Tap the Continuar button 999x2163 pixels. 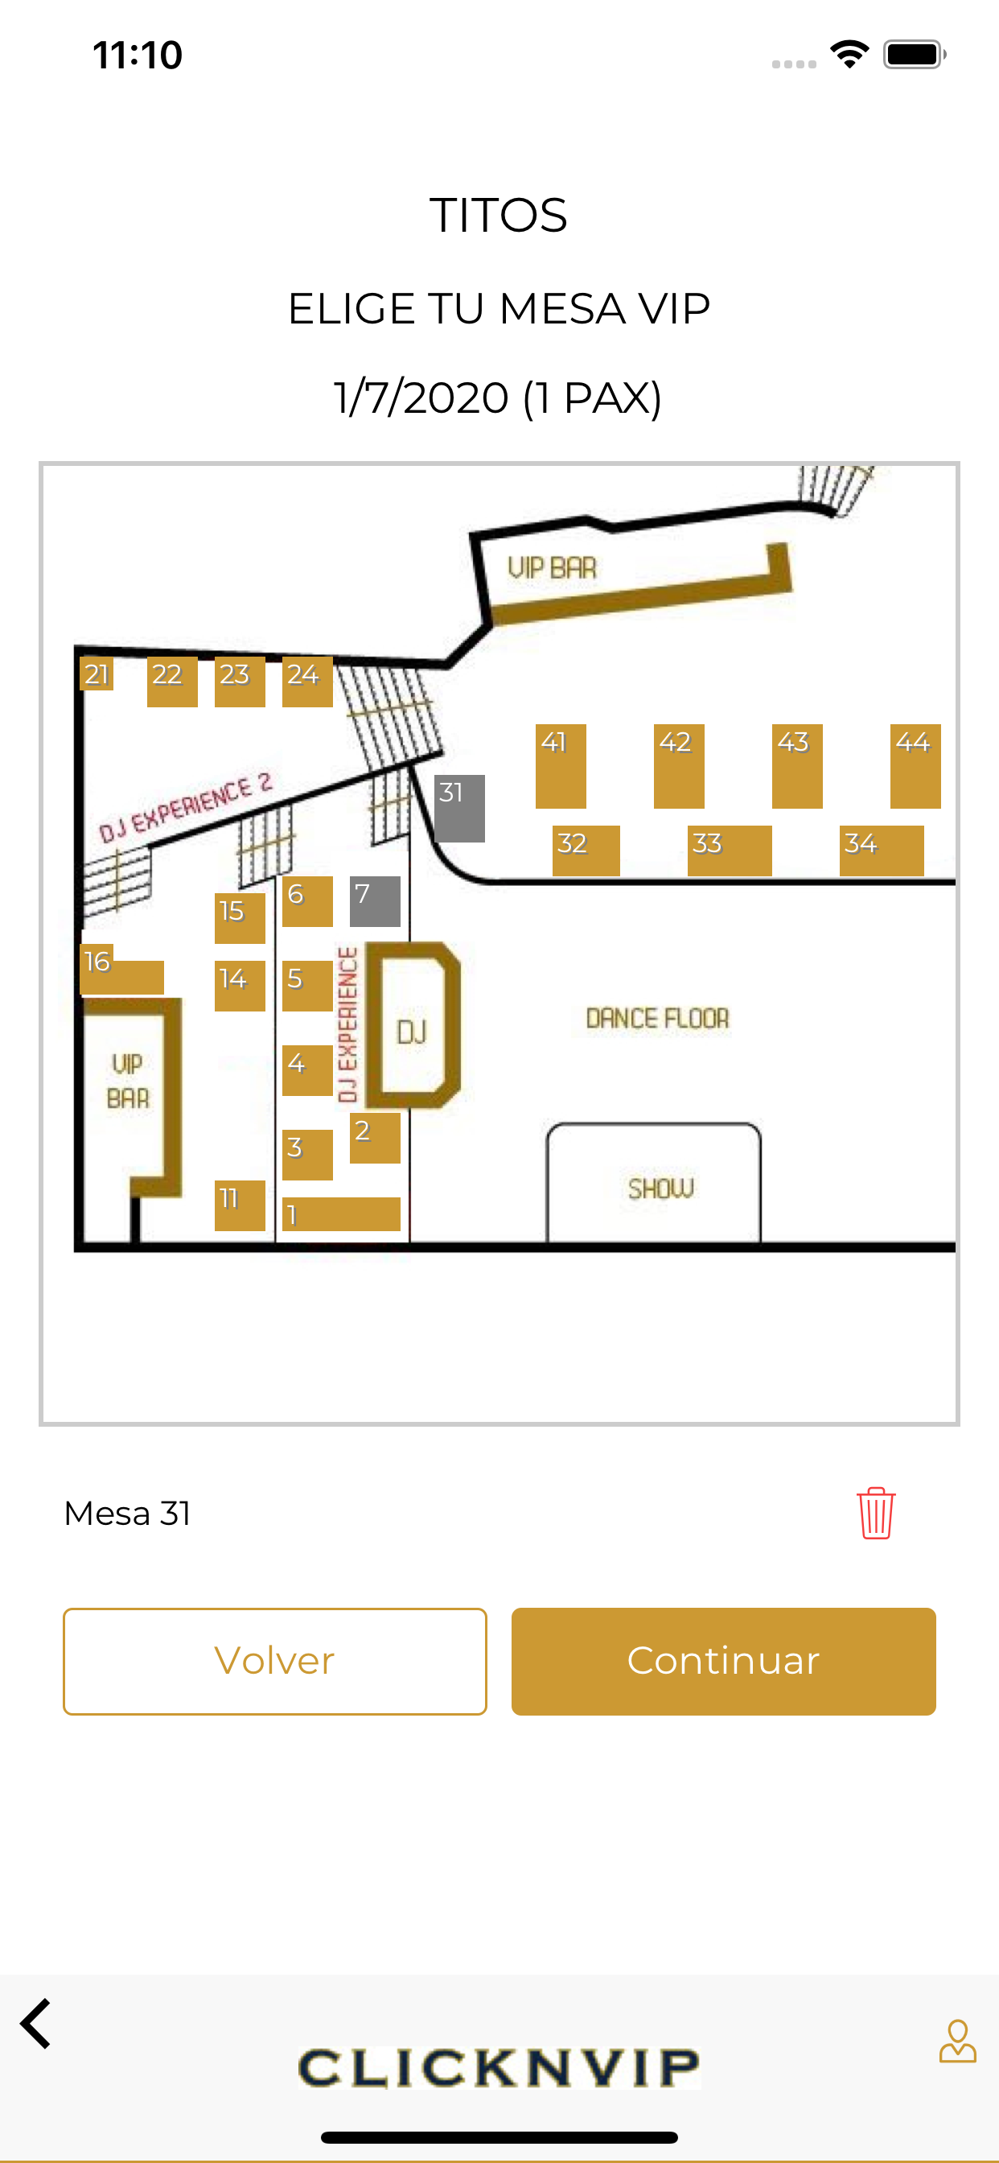pyautogui.click(x=723, y=1661)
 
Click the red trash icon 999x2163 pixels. pyautogui.click(x=876, y=1513)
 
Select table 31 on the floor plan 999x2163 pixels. pyautogui.click(x=459, y=808)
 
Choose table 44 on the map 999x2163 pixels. pyautogui.click(x=915, y=766)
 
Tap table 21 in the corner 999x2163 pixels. pyautogui.click(x=97, y=674)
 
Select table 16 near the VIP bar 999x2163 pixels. pyautogui.click(x=121, y=970)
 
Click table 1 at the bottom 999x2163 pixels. pyautogui.click(x=341, y=1214)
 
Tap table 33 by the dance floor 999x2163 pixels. pyautogui.click(x=730, y=851)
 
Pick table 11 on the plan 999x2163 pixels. pyautogui.click(x=239, y=1205)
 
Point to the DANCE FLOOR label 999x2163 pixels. pyautogui.click(x=657, y=1019)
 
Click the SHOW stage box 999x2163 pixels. pyautogui.click(x=654, y=1184)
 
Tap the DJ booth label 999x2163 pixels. pyautogui.click(x=411, y=1032)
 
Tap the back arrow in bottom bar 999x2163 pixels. pyautogui.click(x=36, y=2024)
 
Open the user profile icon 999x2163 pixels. pyautogui.click(x=957, y=2041)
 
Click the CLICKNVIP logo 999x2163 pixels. pyautogui.click(x=499, y=2067)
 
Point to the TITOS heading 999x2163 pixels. pyautogui.click(x=499, y=215)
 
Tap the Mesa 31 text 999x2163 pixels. pyautogui.click(x=128, y=1513)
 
